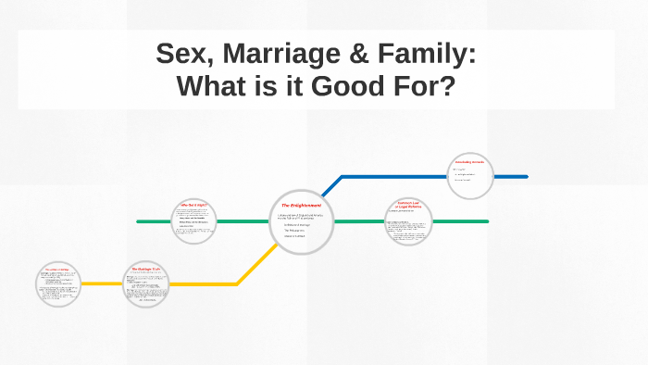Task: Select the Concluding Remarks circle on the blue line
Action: coord(470,175)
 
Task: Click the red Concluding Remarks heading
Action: coord(470,163)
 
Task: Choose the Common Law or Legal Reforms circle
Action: coord(408,221)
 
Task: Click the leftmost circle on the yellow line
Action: coord(58,284)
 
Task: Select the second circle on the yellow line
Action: coord(145,283)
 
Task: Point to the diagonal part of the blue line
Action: coord(330,187)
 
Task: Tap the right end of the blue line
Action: coord(525,176)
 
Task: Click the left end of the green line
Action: coord(139,222)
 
